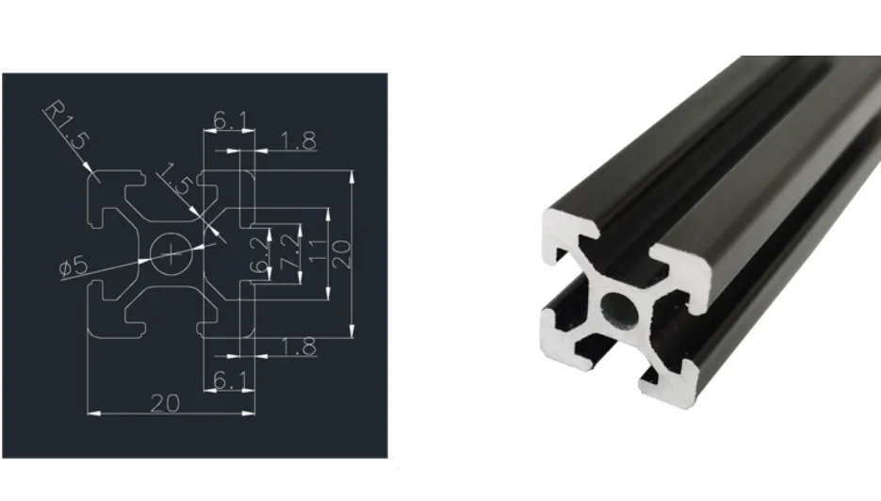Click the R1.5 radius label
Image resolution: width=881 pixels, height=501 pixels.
tap(66, 126)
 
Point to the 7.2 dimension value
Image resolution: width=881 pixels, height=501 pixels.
tap(291, 252)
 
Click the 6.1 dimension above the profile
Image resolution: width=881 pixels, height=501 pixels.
tap(231, 121)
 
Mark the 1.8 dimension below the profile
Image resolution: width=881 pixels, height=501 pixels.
tap(298, 347)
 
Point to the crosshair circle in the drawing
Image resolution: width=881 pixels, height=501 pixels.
tap(171, 250)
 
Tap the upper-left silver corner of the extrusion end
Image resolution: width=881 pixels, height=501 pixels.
tap(569, 236)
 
